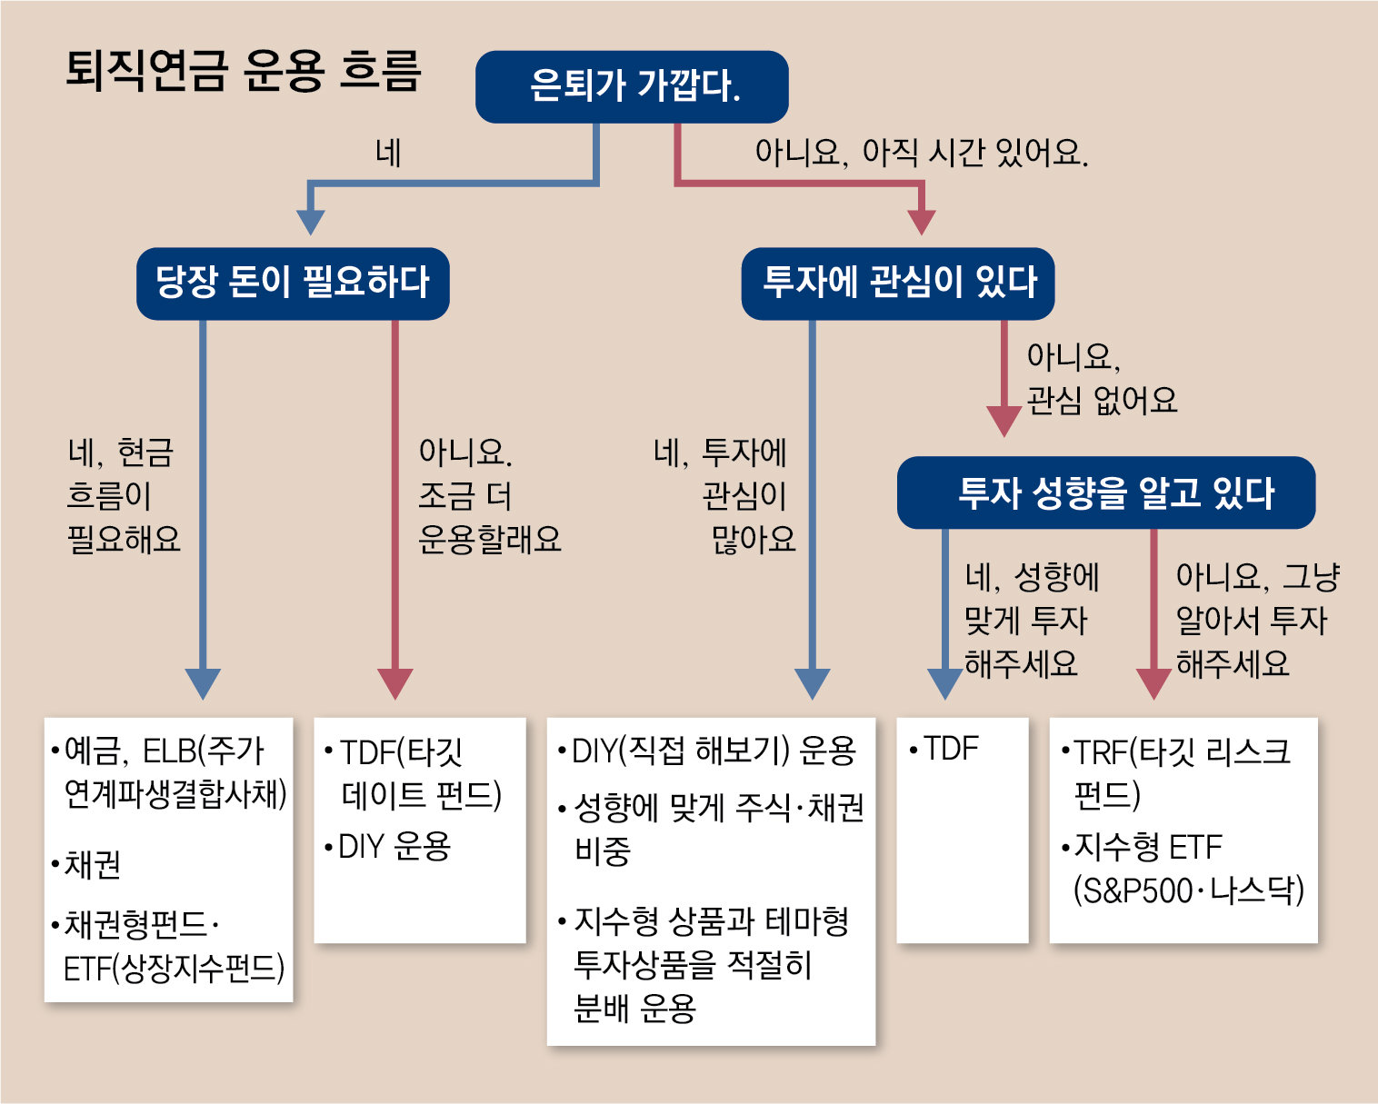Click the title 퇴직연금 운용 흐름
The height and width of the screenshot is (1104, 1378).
pyautogui.click(x=244, y=71)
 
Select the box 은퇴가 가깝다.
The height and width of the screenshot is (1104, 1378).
pyautogui.click(x=632, y=86)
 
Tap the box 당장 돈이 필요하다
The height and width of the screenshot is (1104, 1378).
pyautogui.click(x=293, y=283)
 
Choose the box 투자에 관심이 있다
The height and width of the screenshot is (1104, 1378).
pyautogui.click(x=898, y=283)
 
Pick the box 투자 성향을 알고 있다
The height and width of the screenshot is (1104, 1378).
pyautogui.click(x=1105, y=492)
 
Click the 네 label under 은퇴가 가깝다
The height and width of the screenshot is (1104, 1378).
pyautogui.click(x=389, y=153)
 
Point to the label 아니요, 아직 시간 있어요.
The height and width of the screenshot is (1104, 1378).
pyautogui.click(x=921, y=153)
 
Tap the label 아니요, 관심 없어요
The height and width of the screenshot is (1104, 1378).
pyautogui.click(x=1100, y=378)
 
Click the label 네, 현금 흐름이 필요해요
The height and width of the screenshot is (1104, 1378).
pyautogui.click(x=123, y=495)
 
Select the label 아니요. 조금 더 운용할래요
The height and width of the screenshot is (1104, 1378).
pyautogui.click(x=489, y=495)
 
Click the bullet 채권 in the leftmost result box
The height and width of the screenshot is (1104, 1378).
pyautogui.click(x=92, y=864)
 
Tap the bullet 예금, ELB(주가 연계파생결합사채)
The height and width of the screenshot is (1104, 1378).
pyautogui.click(x=173, y=772)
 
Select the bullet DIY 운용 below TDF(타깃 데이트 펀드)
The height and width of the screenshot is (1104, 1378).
pyautogui.click(x=394, y=846)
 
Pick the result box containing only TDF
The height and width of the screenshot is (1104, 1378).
pyautogui.click(x=963, y=830)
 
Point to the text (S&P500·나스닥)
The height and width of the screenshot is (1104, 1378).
pyautogui.click(x=1188, y=890)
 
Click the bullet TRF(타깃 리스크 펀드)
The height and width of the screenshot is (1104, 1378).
pyautogui.click(x=1182, y=772)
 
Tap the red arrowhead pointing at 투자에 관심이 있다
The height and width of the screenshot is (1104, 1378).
pyautogui.click(x=922, y=222)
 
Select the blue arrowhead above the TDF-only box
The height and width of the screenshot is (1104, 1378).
pyautogui.click(x=945, y=683)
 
